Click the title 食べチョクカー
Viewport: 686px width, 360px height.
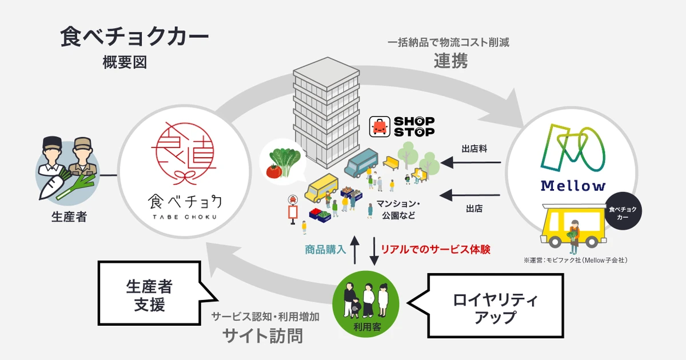click(134, 37)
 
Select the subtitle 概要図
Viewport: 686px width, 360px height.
click(125, 62)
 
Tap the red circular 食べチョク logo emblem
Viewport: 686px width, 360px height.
click(184, 153)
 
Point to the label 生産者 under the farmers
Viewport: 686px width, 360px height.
click(69, 217)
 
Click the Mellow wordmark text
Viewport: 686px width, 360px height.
click(573, 186)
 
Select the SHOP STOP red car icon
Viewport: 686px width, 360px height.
click(380, 126)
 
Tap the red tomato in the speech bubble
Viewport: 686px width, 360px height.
click(274, 171)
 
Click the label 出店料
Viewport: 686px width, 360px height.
click(474, 149)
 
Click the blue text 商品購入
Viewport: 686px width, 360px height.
click(325, 250)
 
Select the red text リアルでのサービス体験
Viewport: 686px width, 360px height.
click(435, 250)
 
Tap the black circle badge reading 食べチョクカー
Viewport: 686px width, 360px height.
click(623, 211)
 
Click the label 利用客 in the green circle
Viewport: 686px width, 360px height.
click(366, 327)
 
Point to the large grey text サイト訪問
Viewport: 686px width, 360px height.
click(263, 336)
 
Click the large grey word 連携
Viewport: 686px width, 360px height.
click(450, 61)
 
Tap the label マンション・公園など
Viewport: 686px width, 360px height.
click(398, 210)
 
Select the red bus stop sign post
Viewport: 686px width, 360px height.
click(293, 210)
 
